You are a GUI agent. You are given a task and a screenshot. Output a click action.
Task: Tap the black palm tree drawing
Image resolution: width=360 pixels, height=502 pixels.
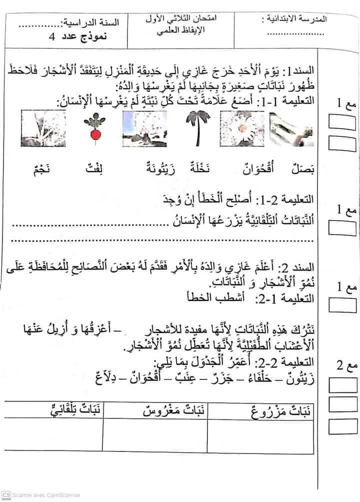(x=193, y=128)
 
